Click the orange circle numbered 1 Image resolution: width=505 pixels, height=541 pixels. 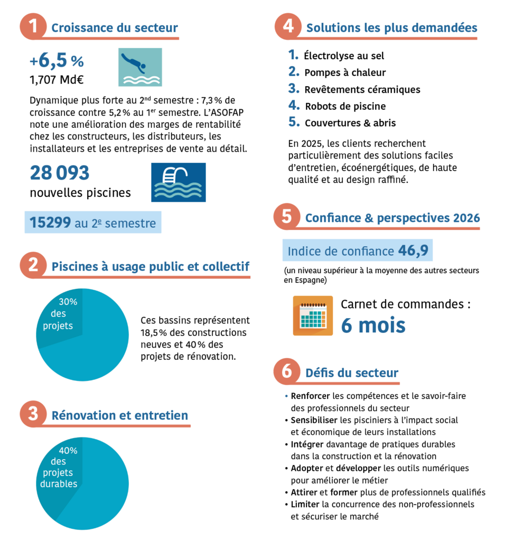[x=34, y=27]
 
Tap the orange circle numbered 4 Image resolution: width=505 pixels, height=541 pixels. [x=288, y=27]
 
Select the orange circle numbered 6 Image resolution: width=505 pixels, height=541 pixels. [x=287, y=372]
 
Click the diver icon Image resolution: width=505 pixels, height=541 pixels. [x=139, y=67]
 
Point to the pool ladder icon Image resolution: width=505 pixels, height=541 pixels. [x=178, y=182]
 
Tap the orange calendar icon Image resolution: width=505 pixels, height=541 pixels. [x=313, y=315]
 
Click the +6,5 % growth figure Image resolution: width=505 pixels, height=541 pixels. [x=57, y=61]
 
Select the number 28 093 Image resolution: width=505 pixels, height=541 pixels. [x=60, y=173]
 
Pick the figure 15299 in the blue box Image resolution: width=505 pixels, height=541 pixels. [x=50, y=223]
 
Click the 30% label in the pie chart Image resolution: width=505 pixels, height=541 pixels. [x=68, y=302]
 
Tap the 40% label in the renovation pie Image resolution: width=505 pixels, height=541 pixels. [x=68, y=451]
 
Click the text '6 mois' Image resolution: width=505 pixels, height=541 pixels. [x=373, y=325]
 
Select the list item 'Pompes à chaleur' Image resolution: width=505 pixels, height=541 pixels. [x=345, y=72]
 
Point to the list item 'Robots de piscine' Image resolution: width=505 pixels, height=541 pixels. [x=345, y=106]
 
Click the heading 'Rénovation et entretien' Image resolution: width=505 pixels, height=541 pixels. [x=119, y=415]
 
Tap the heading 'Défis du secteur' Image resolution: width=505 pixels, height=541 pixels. [x=352, y=373]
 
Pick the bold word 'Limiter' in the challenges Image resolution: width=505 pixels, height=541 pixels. [x=305, y=504]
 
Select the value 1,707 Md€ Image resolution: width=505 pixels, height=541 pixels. [x=57, y=81]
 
